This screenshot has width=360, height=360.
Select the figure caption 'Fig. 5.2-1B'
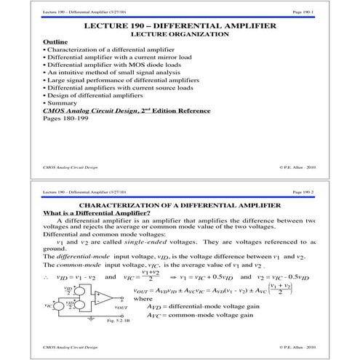pyautogui.click(x=97, y=321)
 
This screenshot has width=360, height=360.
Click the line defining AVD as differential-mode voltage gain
pyautogui.click(x=204, y=308)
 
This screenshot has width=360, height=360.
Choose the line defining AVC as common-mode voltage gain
pyautogui.click(x=201, y=317)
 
